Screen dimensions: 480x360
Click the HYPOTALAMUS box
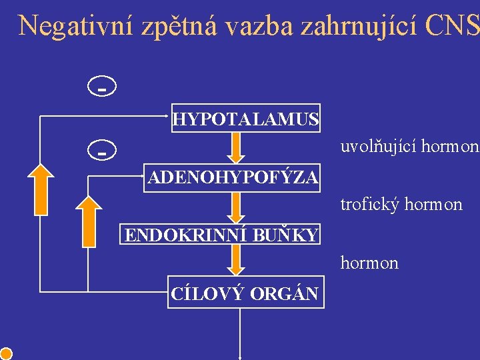pos(246,119)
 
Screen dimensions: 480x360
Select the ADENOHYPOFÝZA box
pos(233,178)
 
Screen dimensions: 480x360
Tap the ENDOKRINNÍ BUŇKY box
pos(221,235)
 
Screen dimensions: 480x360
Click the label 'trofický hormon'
pos(401,205)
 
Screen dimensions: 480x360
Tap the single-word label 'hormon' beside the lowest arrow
pos(369,263)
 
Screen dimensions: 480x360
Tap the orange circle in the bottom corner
pos(6,353)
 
